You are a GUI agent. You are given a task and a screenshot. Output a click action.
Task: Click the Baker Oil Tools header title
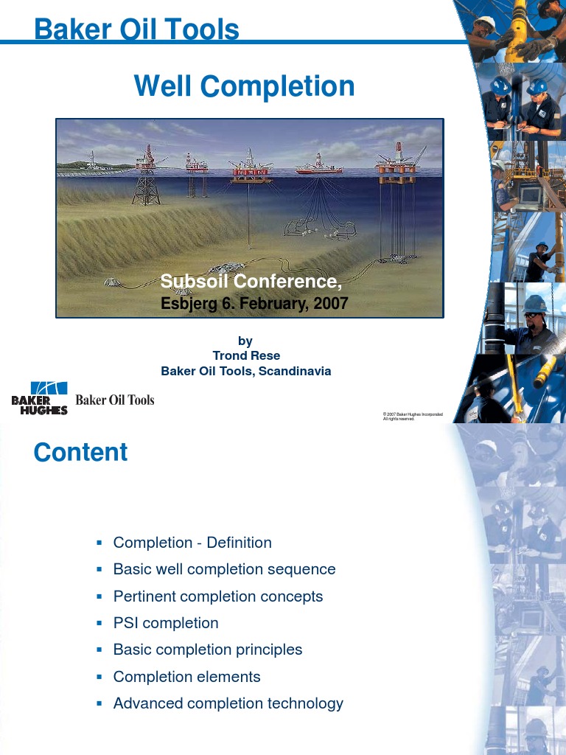click(136, 29)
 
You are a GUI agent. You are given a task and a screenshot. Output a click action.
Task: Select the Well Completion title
click(244, 86)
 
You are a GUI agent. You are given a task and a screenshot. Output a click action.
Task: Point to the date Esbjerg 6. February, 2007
click(254, 302)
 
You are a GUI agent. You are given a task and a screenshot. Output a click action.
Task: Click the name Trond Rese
click(245, 355)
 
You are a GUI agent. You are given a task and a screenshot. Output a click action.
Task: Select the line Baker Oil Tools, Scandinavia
click(246, 371)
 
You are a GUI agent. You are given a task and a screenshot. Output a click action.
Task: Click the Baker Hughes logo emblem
click(40, 398)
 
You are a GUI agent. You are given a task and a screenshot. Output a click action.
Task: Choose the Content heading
click(80, 452)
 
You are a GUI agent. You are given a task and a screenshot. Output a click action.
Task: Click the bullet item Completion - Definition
click(192, 543)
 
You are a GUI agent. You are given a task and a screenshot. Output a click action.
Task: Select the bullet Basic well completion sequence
click(224, 569)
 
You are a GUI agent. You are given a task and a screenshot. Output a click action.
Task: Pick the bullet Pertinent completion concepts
click(218, 596)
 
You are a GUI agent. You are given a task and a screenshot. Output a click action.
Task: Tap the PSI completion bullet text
click(166, 623)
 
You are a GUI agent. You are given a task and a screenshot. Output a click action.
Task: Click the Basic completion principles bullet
click(208, 650)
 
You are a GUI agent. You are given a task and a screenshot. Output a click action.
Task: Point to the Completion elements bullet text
click(186, 676)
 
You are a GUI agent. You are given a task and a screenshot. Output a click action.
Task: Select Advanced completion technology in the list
click(228, 703)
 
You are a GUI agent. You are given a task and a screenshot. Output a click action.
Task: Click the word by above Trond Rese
click(245, 341)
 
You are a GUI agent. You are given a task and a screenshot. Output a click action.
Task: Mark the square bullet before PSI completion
click(99, 623)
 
